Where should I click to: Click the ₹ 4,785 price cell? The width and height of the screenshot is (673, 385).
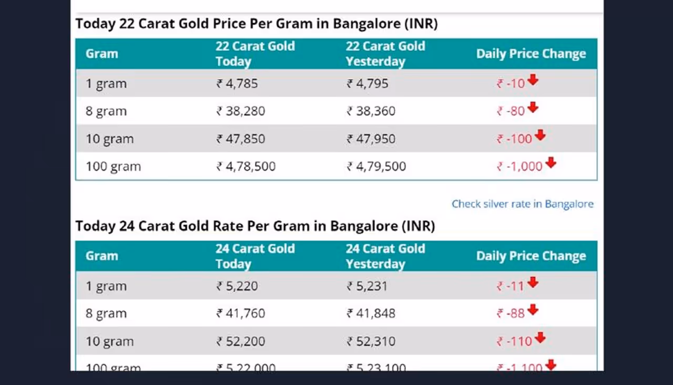pyautogui.click(x=237, y=84)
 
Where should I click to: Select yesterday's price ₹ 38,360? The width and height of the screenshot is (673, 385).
pyautogui.click(x=371, y=111)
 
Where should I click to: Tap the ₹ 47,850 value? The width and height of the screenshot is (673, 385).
pyautogui.click(x=241, y=139)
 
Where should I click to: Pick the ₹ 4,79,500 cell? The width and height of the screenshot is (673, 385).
pyautogui.click(x=376, y=167)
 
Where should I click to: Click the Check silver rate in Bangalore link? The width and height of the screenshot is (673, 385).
pyautogui.click(x=522, y=204)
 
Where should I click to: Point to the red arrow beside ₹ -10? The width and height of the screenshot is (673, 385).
pyautogui.click(x=533, y=80)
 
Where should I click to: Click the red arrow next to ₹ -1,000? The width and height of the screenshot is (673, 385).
pyautogui.click(x=550, y=163)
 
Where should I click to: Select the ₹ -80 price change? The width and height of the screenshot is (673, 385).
pyautogui.click(x=511, y=111)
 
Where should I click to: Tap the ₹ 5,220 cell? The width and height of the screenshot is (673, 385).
pyautogui.click(x=237, y=286)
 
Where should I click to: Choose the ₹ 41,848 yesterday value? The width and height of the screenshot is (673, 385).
pyautogui.click(x=371, y=314)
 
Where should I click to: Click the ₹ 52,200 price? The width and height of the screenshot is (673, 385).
pyautogui.click(x=241, y=341)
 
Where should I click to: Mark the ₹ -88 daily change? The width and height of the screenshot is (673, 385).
pyautogui.click(x=511, y=314)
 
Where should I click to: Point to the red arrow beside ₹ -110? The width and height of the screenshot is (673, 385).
pyautogui.click(x=540, y=338)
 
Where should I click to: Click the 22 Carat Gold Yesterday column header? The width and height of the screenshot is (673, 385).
pyautogui.click(x=385, y=54)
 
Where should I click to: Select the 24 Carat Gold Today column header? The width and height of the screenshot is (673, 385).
pyautogui.click(x=255, y=256)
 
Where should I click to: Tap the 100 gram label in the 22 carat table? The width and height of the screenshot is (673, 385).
pyautogui.click(x=113, y=167)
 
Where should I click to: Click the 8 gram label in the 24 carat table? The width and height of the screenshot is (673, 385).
pyautogui.click(x=106, y=314)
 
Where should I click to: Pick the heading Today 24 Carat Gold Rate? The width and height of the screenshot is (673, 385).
pyautogui.click(x=255, y=226)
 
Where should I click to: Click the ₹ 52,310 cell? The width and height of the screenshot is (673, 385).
pyautogui.click(x=371, y=341)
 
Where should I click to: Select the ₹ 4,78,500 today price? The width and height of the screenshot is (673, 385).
pyautogui.click(x=246, y=167)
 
